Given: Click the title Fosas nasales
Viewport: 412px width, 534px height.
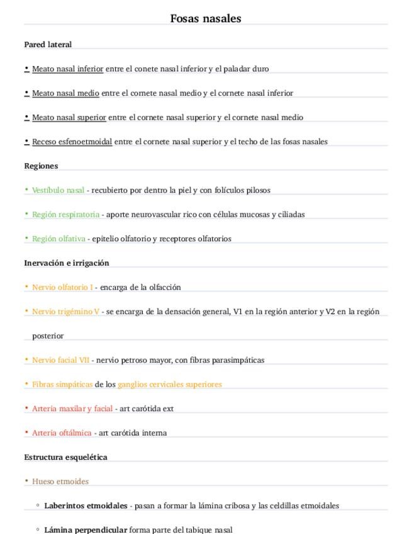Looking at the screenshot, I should (206, 19).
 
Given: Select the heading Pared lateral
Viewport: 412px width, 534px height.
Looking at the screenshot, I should (48, 45).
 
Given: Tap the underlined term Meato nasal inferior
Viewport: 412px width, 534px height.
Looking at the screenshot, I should (68, 69).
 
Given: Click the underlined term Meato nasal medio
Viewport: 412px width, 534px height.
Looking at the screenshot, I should (65, 93).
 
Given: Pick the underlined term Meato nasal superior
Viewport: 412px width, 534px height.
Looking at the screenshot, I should (69, 117).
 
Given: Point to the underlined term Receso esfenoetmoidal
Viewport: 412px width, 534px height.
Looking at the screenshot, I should (72, 142).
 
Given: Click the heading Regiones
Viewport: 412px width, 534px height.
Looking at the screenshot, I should (41, 166).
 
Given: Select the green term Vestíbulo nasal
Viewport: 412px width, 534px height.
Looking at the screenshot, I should (58, 190).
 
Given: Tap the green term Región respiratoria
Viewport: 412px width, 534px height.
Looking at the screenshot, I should (65, 215).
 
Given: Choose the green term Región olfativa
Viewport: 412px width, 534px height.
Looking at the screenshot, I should (59, 239).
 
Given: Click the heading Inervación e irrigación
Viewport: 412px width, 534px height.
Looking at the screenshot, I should (67, 263).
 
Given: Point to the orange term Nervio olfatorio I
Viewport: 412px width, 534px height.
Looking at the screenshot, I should (62, 287).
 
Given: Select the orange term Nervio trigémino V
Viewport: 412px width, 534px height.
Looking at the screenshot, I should (65, 312).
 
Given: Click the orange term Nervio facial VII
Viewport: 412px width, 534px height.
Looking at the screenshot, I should (60, 360).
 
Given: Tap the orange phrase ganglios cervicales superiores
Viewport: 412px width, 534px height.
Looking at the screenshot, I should (170, 384).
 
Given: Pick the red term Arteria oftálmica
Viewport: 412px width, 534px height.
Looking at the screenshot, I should (62, 433).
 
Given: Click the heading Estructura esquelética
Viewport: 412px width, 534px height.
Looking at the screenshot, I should (65, 457).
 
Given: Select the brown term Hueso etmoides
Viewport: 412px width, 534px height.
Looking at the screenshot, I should (60, 482).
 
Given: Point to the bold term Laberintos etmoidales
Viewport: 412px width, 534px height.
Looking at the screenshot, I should (86, 506).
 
